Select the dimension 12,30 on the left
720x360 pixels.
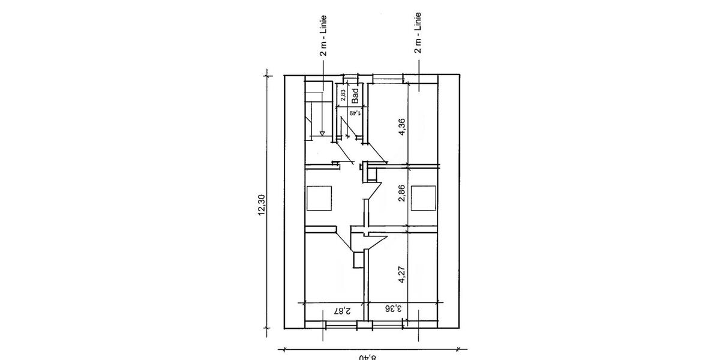(261, 204)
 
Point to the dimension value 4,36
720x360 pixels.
(402, 127)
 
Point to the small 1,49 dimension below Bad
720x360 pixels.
(355, 112)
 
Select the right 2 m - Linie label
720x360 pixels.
(418, 32)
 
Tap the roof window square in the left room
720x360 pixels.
(318, 198)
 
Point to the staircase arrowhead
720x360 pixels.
(323, 134)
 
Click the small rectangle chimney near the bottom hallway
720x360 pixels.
(358, 259)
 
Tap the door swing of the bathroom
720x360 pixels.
(349, 129)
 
